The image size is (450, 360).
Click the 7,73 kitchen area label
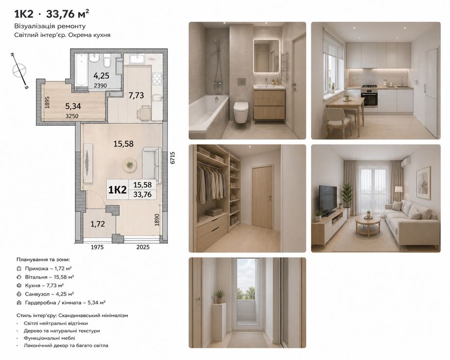pos(136,95)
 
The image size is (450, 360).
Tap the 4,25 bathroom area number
pos(101,76)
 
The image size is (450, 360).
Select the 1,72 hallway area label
pos(98,224)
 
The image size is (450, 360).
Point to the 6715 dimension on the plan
pos(172,158)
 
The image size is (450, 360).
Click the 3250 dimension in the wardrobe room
pos(72,116)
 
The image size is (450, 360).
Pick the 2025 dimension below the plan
pos(143,247)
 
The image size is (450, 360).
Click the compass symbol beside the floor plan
pos(19,71)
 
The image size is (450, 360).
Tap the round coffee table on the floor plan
pos(129,165)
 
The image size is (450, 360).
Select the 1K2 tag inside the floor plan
pos(117,190)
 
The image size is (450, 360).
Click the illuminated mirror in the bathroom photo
pos(266,56)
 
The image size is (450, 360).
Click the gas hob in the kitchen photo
pos(369,86)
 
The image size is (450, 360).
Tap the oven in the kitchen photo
pos(370,98)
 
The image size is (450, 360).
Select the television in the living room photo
pos(328,200)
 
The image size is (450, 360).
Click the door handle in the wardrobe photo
pos(269,197)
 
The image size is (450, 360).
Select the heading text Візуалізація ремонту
pos(50,26)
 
